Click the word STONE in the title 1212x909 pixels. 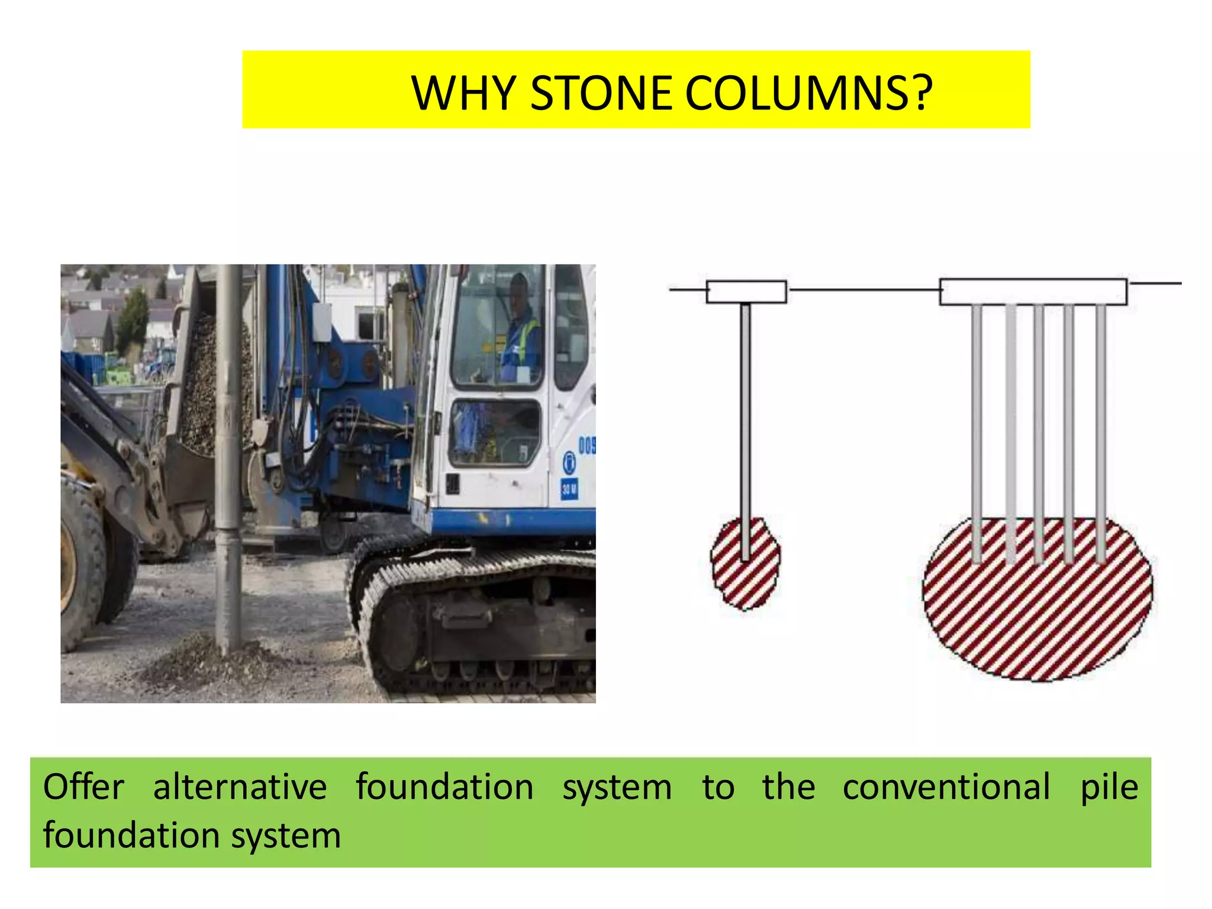click(601, 93)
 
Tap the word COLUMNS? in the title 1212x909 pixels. click(810, 93)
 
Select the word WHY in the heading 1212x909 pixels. click(463, 93)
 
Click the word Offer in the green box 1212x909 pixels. click(83, 788)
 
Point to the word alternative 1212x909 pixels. click(240, 788)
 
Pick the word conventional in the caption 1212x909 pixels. click(946, 788)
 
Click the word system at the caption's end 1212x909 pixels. click(286, 836)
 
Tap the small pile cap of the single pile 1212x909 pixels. click(746, 292)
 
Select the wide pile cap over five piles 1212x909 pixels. click(1033, 291)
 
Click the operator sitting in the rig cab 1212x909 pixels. click(521, 331)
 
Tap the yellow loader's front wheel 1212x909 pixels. click(80, 562)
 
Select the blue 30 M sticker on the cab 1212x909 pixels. click(569, 489)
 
